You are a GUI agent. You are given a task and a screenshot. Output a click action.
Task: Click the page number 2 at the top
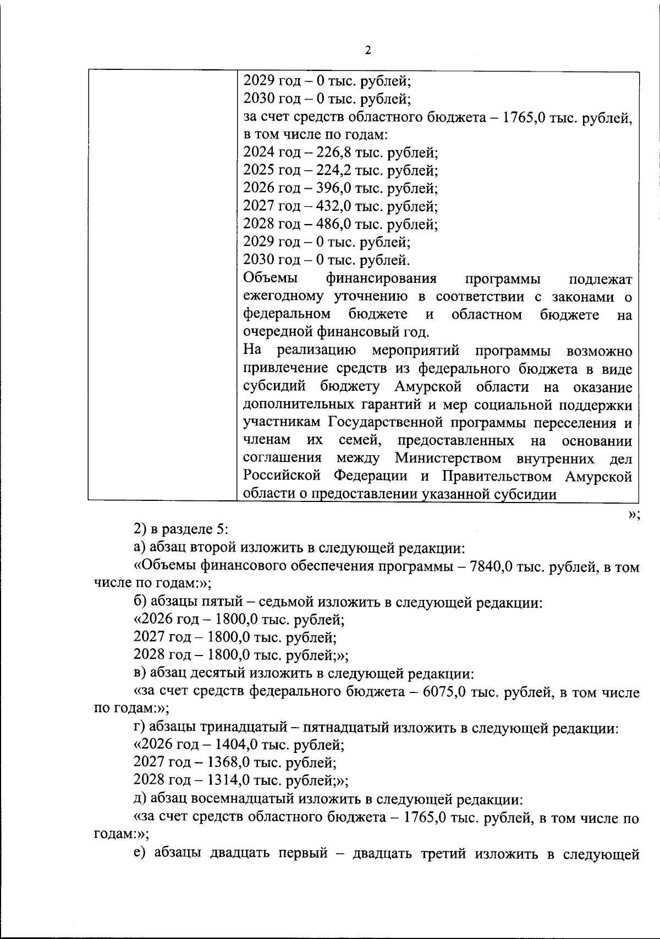click(x=368, y=51)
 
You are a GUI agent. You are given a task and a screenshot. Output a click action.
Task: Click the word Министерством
click(x=448, y=458)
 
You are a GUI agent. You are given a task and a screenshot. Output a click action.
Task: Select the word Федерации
click(x=370, y=476)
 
